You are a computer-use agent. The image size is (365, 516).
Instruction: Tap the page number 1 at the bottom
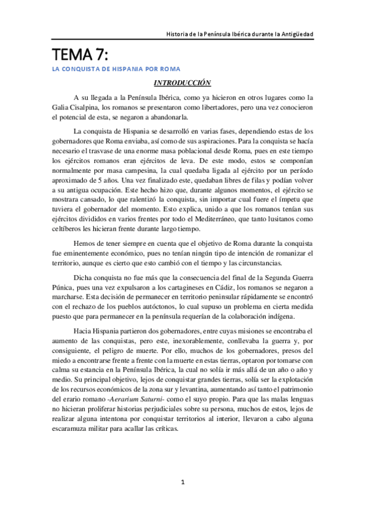[182, 482]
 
